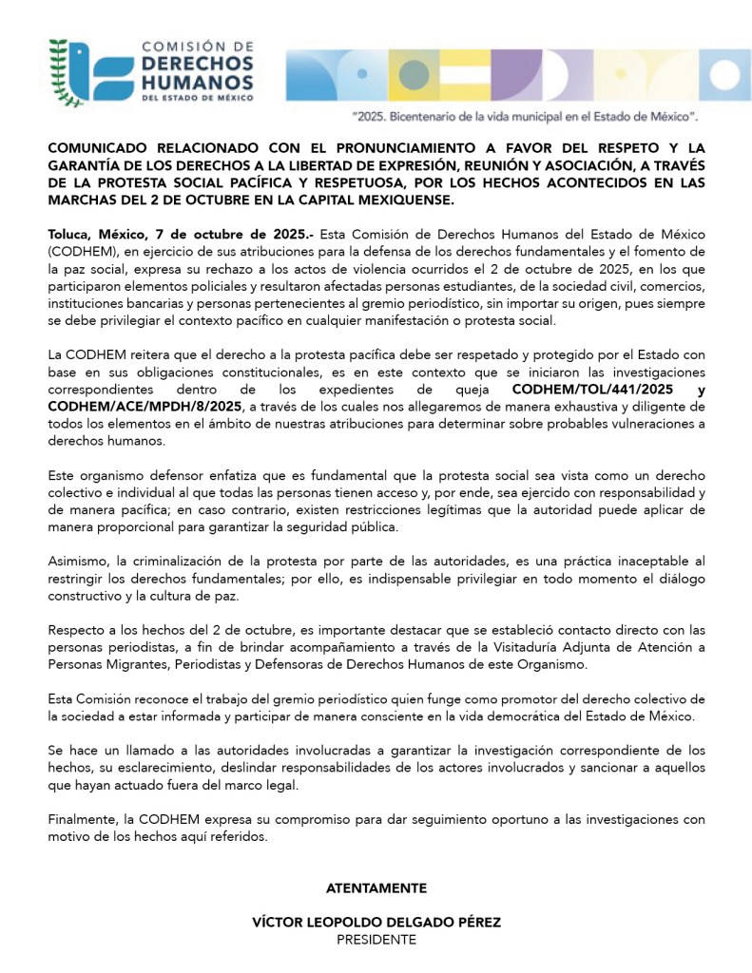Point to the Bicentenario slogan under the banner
pyautogui.click(x=526, y=114)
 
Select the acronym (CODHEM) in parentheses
pyautogui.click(x=82, y=251)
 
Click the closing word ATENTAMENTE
pyautogui.click(x=376, y=887)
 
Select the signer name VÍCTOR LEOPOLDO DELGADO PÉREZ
pyautogui.click(x=376, y=922)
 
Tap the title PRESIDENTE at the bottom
pyautogui.click(x=376, y=939)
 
